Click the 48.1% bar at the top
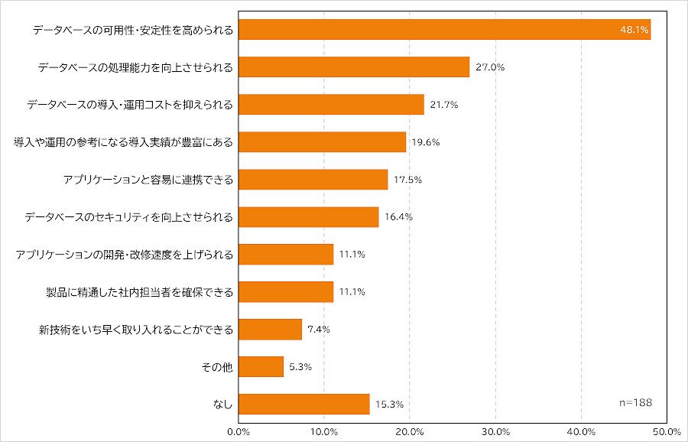(x=444, y=29)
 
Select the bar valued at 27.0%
(x=354, y=67)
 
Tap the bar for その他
(x=261, y=366)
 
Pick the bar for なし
(x=304, y=404)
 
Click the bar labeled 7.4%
(x=271, y=329)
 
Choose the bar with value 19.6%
(x=322, y=141)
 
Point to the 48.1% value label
(x=634, y=30)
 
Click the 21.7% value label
(x=444, y=105)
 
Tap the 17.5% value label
(x=407, y=180)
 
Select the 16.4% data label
(x=399, y=217)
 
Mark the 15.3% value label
(x=389, y=405)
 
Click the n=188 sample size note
(x=636, y=402)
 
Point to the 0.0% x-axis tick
(x=239, y=432)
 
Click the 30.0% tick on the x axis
(x=496, y=432)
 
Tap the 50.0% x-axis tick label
(x=667, y=432)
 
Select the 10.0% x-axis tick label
(x=324, y=432)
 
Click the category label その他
(x=217, y=367)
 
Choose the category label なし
(x=223, y=405)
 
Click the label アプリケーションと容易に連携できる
(x=148, y=180)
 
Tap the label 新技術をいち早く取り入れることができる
(x=136, y=330)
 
